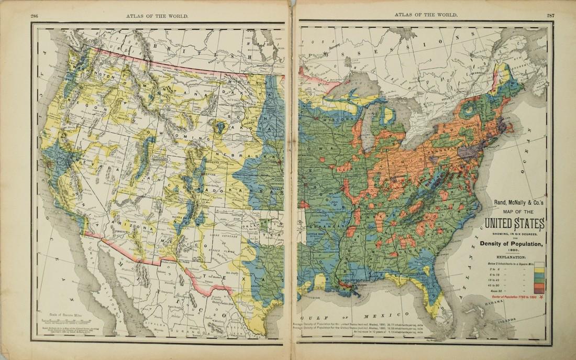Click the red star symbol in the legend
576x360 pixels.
click(x=541, y=297)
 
